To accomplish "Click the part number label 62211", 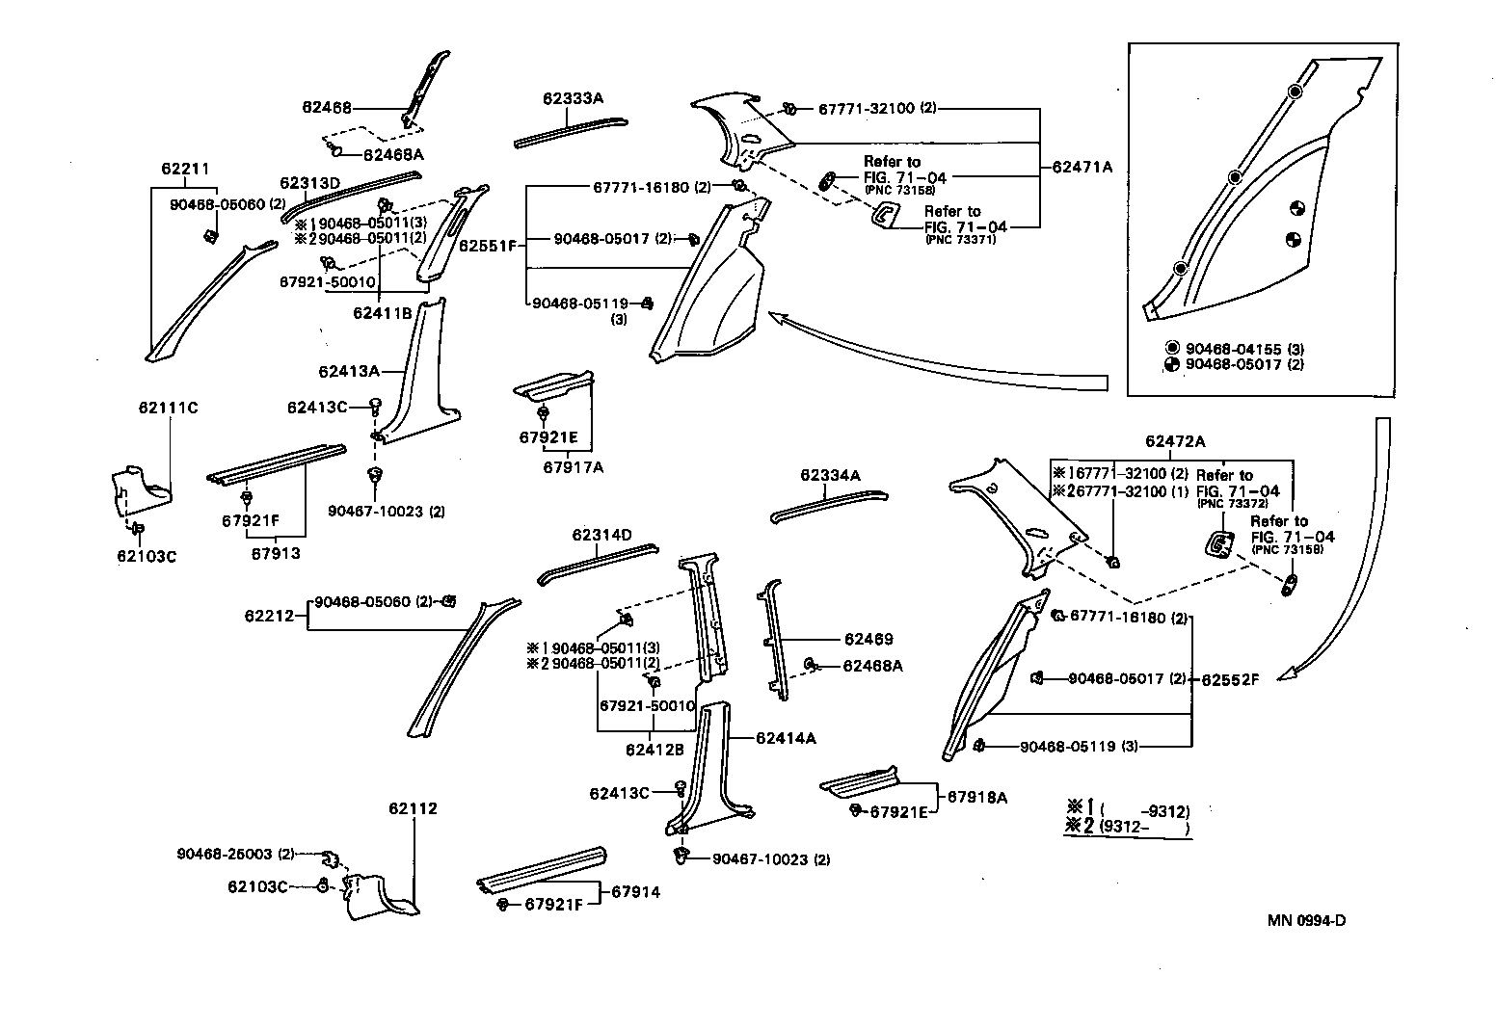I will point(185,170).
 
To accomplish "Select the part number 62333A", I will point(573,98).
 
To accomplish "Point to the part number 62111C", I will point(168,409).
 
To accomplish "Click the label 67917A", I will point(573,467).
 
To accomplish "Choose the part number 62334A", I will point(830,475).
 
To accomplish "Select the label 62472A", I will point(1175,441).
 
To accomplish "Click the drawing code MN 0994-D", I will point(1306,920).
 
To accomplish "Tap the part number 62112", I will point(414,808).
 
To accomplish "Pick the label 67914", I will point(636,892).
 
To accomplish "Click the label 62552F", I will point(1231,679).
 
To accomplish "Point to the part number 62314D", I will point(601,535).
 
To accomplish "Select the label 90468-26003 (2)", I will point(235,854).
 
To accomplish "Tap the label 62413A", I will point(348,371).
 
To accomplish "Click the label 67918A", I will point(977,797).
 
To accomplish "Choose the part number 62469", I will point(868,639).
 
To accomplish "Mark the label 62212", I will point(268,615).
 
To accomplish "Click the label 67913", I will point(276,554).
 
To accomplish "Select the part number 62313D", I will point(310,183).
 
